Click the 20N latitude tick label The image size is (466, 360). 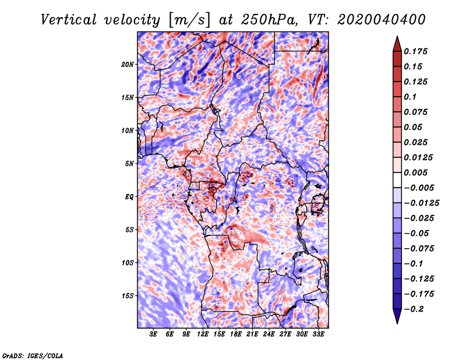[x=128, y=65]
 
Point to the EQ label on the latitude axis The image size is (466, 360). [x=129, y=197]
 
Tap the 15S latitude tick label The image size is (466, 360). [x=128, y=296]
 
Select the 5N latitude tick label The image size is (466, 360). [x=129, y=164]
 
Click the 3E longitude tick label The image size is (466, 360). [x=153, y=334]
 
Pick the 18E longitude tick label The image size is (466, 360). [x=236, y=334]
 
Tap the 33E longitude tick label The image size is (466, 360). [x=318, y=334]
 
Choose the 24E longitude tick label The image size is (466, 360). [x=269, y=334]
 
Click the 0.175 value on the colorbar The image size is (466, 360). [x=415, y=51]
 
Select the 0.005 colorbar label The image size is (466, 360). [x=415, y=172]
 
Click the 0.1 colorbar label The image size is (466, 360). [x=410, y=97]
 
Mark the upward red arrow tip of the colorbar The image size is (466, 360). [x=397, y=36]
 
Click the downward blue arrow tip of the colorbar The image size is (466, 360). [x=397, y=323]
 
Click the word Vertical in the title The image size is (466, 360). [x=69, y=20]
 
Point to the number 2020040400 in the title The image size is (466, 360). [x=382, y=20]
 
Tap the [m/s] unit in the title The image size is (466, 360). [x=189, y=20]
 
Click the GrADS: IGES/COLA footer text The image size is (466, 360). [x=33, y=355]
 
